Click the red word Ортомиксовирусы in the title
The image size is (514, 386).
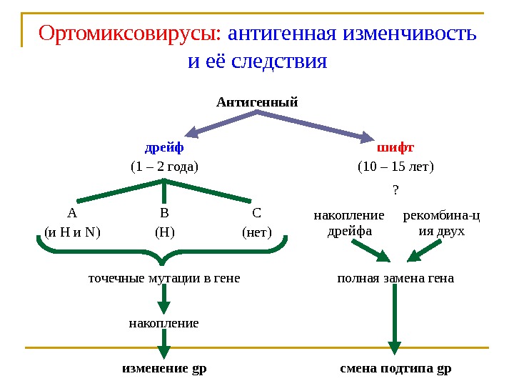[x=132, y=34]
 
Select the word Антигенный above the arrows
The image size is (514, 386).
[x=257, y=102]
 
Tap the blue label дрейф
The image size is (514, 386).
[x=164, y=148]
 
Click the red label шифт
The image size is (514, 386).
[x=395, y=148]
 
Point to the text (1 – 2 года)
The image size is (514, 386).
[x=164, y=167]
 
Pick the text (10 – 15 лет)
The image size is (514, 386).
[x=395, y=167]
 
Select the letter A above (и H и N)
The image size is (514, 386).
[x=71, y=213]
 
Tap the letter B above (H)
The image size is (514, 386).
[x=164, y=213]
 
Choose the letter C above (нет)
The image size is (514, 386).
[x=257, y=213]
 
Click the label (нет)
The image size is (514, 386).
[x=257, y=232]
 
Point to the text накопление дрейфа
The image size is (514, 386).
[x=349, y=223]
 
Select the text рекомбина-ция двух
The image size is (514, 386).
[x=441, y=223]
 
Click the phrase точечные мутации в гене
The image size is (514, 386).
[x=164, y=278]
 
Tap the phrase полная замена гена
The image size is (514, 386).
[x=395, y=278]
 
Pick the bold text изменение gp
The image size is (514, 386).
[x=164, y=370]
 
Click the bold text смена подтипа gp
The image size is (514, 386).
[x=395, y=370]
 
